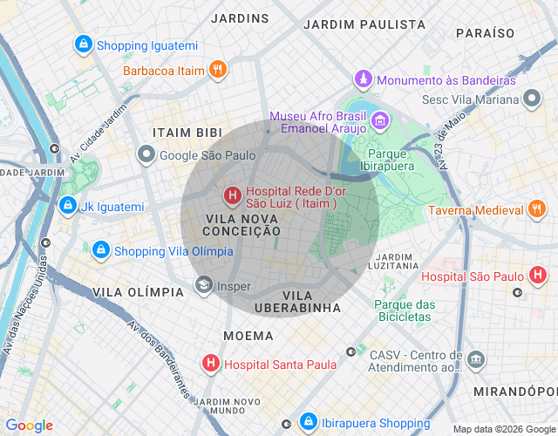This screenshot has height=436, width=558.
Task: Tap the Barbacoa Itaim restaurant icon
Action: pos(218,70)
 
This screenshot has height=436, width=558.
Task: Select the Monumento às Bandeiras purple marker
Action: pos(364,80)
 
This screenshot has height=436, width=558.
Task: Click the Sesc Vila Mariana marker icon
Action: pos(532,99)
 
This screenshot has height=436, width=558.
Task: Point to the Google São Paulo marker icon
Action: pos(146,154)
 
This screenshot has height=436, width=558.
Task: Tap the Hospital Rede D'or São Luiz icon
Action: pos(233,196)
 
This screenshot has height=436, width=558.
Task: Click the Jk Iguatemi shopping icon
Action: pos(67,206)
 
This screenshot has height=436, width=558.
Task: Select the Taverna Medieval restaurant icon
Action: pos(536,209)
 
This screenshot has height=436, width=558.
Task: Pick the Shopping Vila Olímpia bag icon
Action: pos(100,251)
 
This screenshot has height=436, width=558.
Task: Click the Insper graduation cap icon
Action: pos(203,285)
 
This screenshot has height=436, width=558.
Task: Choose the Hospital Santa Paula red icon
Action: pos(210,363)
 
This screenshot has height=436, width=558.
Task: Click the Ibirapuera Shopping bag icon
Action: pos(308,422)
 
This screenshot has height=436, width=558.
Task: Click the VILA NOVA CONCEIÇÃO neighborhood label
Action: pos(242,224)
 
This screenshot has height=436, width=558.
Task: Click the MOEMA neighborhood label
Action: pos(248,335)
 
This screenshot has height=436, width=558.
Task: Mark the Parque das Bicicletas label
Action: pos(403,310)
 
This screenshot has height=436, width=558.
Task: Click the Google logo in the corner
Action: pos(29,426)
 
